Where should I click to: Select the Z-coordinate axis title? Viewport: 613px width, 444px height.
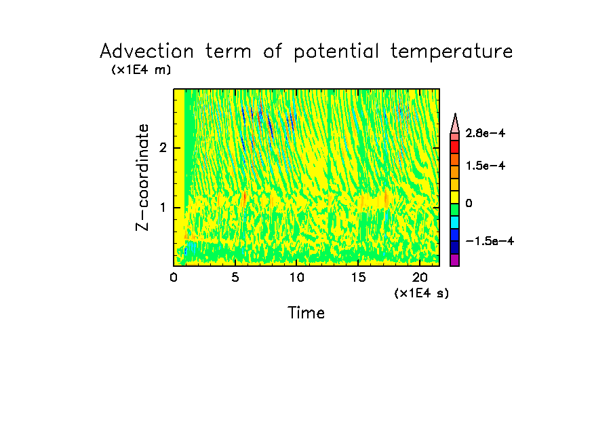tap(142, 177)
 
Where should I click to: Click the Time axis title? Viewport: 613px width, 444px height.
tap(306, 313)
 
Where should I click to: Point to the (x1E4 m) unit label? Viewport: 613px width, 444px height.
tap(141, 70)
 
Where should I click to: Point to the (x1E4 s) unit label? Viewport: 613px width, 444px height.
tap(421, 293)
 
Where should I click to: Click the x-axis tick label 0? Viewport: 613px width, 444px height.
tap(174, 277)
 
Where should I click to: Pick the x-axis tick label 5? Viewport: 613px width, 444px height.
tap(235, 277)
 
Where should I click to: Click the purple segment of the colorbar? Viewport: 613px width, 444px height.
tap(454, 260)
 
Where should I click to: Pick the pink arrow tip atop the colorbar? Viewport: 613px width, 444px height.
tap(454, 123)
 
